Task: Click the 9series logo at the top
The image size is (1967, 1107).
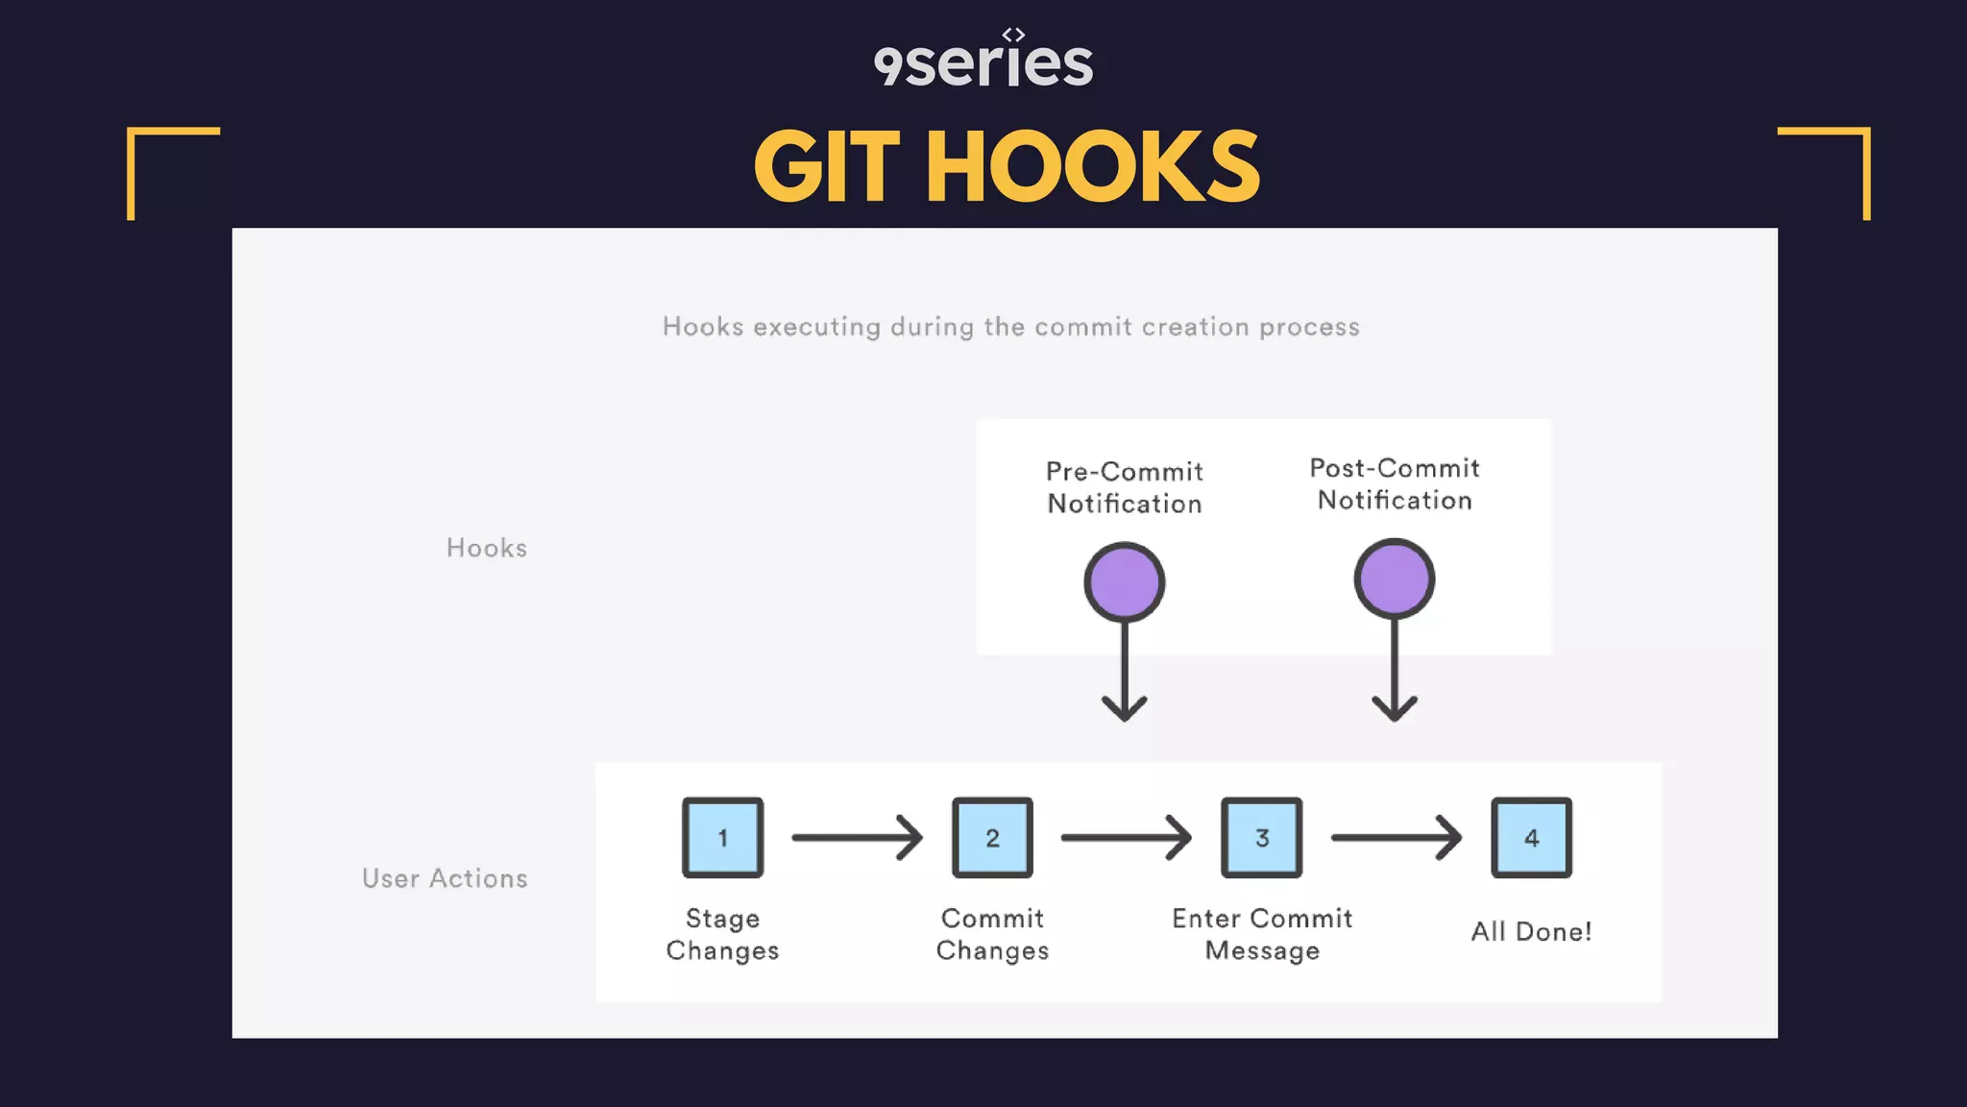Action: point(983,61)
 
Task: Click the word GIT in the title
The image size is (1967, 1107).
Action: point(826,168)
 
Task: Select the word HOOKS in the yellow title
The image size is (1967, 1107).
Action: point(1092,168)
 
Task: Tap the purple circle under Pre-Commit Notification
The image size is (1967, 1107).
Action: point(1124,581)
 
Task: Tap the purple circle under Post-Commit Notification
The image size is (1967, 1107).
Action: point(1394,578)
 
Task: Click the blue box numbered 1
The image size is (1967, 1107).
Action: point(722,837)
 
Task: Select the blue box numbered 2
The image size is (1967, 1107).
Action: point(992,837)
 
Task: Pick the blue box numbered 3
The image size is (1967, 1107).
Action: point(1261,837)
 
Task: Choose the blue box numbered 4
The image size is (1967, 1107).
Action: point(1531,837)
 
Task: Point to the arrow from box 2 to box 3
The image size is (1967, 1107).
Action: point(1126,837)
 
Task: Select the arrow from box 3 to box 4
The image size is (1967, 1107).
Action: point(1396,837)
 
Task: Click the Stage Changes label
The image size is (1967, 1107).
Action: point(722,934)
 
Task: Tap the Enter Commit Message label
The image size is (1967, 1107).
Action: point(1262,934)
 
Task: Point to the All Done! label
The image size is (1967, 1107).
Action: point(1531,931)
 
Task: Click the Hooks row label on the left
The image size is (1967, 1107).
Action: point(487,548)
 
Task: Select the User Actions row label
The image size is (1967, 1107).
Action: point(445,878)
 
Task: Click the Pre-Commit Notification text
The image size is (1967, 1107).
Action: point(1124,487)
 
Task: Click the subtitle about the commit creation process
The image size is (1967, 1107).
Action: point(1010,327)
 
